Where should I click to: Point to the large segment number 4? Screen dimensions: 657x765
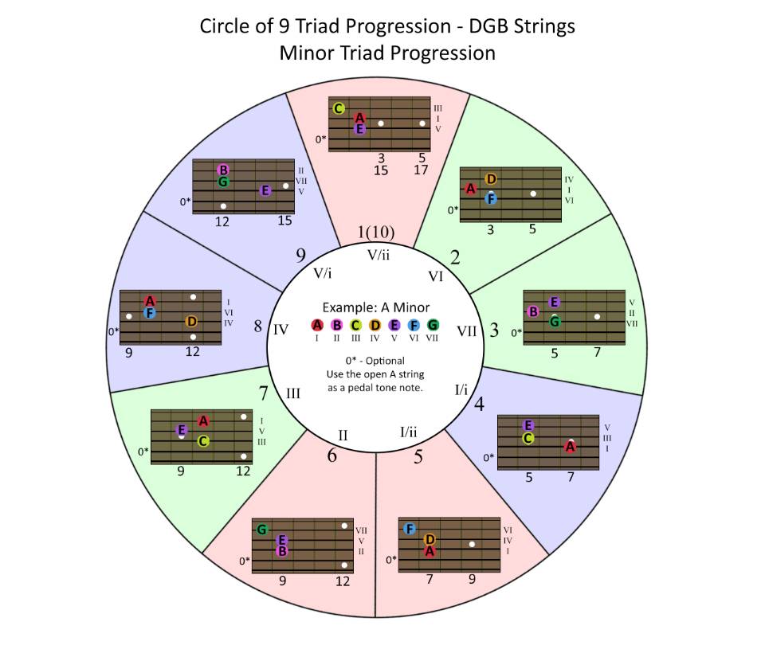click(479, 404)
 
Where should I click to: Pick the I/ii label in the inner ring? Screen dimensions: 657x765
click(408, 432)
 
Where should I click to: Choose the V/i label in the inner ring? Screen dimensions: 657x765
click(323, 272)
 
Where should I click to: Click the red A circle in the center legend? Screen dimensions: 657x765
click(317, 325)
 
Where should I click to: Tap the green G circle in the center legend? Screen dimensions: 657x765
click(433, 325)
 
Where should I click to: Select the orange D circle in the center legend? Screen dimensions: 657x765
click(375, 325)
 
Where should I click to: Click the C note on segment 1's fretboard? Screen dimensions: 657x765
click(339, 108)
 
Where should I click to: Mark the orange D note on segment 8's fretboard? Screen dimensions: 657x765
click(191, 322)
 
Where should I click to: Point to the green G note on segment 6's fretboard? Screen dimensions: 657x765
click(262, 529)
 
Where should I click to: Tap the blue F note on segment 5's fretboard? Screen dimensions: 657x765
click(409, 529)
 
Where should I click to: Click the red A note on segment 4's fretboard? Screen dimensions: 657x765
click(571, 447)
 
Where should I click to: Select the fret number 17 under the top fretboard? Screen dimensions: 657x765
click(422, 170)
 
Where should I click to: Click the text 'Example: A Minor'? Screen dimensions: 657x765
click(375, 307)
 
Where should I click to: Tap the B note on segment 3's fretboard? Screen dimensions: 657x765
click(534, 311)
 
